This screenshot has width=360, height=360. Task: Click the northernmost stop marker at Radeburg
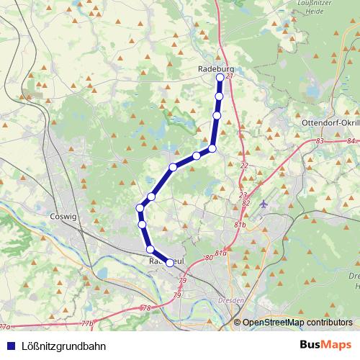(220, 77)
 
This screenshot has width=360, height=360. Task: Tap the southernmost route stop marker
(170, 263)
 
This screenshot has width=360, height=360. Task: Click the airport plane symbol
(264, 204)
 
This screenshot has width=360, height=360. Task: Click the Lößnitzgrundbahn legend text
(60, 346)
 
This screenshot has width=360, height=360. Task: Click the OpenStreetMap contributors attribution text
(297, 323)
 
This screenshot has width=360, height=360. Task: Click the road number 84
(351, 141)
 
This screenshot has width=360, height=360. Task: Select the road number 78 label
(146, 308)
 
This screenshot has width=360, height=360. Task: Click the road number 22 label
(243, 166)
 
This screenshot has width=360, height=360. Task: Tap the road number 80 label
(209, 257)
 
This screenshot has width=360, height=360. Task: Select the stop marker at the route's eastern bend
(212, 149)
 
